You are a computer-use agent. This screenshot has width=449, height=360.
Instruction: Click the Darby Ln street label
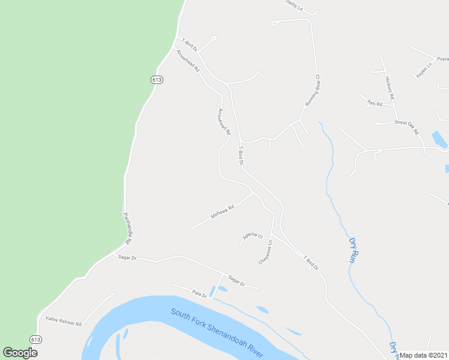[x=294, y=5]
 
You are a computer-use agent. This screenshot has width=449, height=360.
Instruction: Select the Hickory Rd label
[x=389, y=88]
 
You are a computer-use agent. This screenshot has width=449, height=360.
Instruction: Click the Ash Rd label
[x=375, y=103]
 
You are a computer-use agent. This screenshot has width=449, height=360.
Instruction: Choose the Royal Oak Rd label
[x=406, y=127]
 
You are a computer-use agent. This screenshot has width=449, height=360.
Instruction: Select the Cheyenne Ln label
[x=265, y=253]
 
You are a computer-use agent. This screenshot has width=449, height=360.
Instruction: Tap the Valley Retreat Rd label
[x=63, y=322]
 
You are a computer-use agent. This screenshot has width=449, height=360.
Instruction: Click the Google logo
[x=20, y=353]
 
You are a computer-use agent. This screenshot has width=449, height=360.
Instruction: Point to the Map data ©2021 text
[x=424, y=355]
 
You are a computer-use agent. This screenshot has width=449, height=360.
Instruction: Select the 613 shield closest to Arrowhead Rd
[x=157, y=80]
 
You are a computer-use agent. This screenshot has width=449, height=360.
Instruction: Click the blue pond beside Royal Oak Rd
[x=439, y=140]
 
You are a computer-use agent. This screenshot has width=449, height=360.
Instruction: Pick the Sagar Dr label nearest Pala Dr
[x=237, y=281]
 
